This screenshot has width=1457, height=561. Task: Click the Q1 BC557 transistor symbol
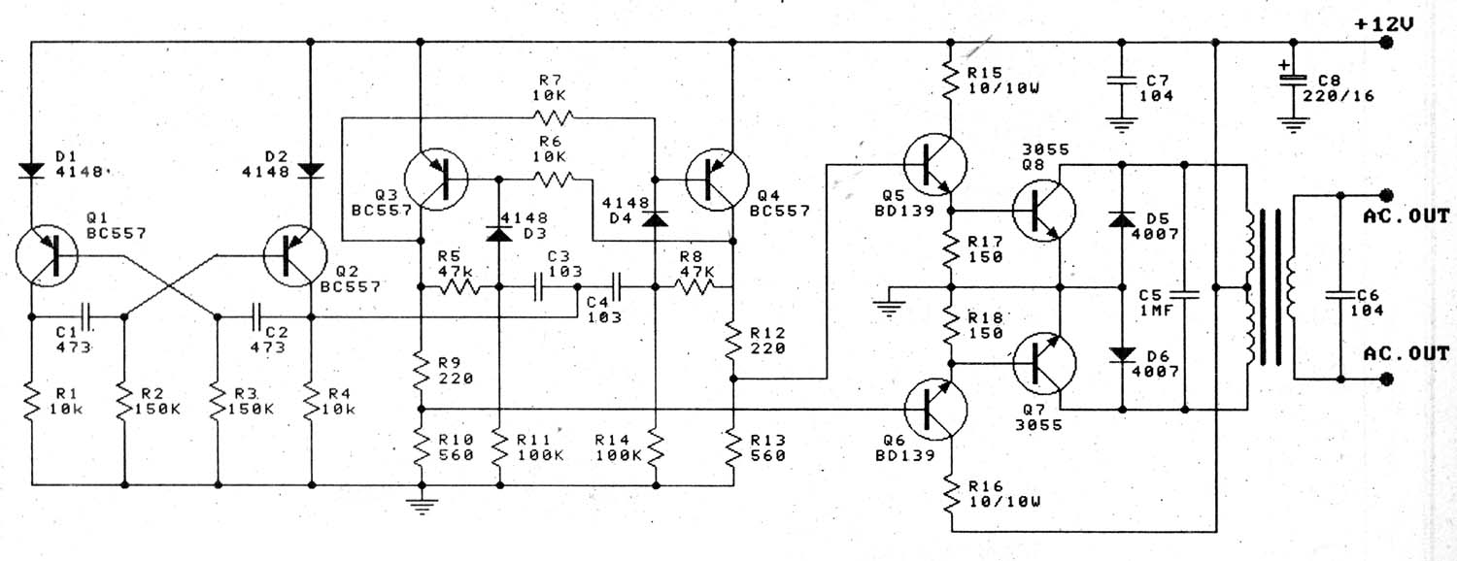[x=47, y=255]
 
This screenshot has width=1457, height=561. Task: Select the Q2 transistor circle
[x=294, y=255]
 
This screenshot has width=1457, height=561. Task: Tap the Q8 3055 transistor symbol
[x=1044, y=211]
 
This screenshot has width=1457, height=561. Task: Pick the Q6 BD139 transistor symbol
[x=935, y=410]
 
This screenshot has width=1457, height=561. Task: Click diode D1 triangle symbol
[x=30, y=170]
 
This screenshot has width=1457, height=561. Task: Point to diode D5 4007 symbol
[x=1122, y=219]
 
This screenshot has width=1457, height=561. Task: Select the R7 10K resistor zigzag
[x=553, y=117]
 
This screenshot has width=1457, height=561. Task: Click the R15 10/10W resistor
[x=950, y=81]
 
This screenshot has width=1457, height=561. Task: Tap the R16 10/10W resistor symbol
[x=950, y=496]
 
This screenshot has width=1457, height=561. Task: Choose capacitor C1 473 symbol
[x=86, y=317]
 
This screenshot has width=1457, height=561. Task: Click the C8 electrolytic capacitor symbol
[x=1293, y=81]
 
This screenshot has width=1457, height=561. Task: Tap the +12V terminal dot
[x=1386, y=43]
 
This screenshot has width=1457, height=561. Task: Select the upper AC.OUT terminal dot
[x=1386, y=195]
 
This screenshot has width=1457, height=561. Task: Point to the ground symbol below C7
[x=1121, y=125]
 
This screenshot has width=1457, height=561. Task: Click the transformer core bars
[x=1271, y=286]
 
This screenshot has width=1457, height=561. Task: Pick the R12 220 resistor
[x=733, y=341]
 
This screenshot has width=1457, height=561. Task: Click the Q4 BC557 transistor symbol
[x=718, y=180]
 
